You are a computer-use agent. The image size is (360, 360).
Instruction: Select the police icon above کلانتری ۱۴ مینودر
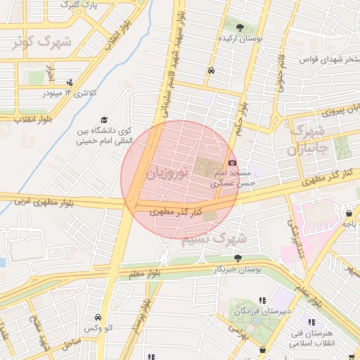point(69,82)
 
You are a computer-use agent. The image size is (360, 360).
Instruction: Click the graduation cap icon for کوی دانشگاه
point(105,120)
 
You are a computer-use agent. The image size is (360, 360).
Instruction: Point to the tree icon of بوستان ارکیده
point(240,28)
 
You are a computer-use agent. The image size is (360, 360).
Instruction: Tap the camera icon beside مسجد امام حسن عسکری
point(232,163)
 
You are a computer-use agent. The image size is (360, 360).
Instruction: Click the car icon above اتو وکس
point(98,317)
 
